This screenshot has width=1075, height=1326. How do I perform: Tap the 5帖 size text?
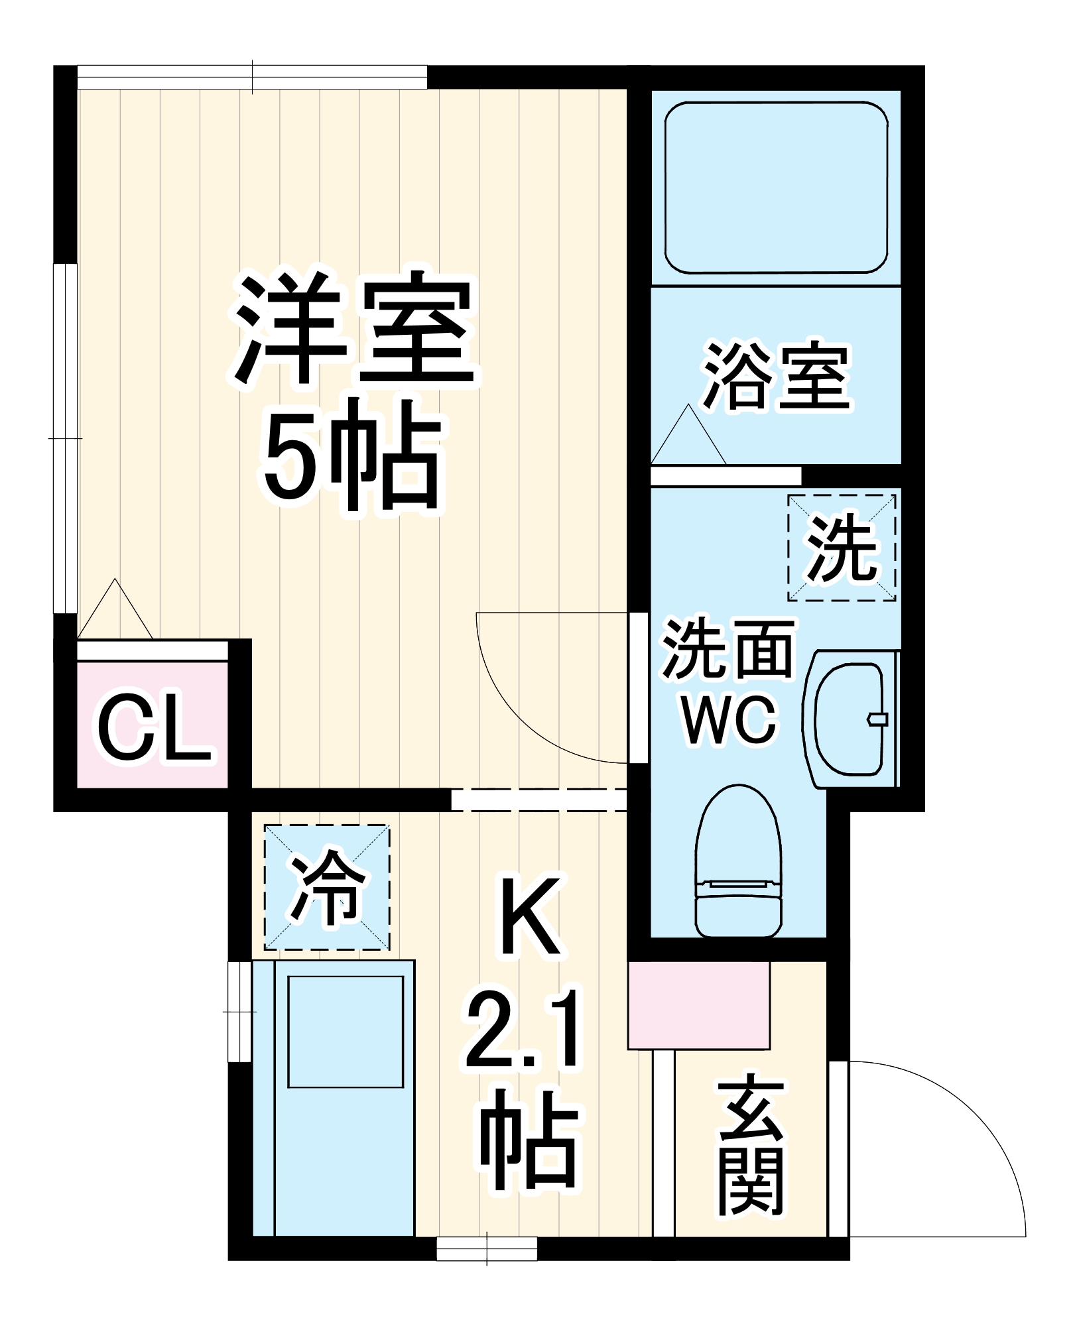click(351, 457)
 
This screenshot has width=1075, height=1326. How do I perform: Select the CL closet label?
click(154, 728)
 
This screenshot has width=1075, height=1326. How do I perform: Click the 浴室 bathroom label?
click(777, 377)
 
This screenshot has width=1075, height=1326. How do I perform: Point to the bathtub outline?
click(776, 188)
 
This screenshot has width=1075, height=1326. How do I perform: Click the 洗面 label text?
click(728, 649)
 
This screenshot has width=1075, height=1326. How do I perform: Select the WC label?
click(729, 720)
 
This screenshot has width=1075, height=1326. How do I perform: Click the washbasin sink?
click(850, 719)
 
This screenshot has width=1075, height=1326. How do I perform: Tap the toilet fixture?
click(738, 862)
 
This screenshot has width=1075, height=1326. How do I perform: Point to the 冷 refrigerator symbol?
click(327, 888)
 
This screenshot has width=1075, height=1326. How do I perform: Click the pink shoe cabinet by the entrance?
click(698, 1005)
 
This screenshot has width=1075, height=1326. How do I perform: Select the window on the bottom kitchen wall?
click(487, 1249)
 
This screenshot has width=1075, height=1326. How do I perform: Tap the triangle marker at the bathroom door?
click(688, 437)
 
